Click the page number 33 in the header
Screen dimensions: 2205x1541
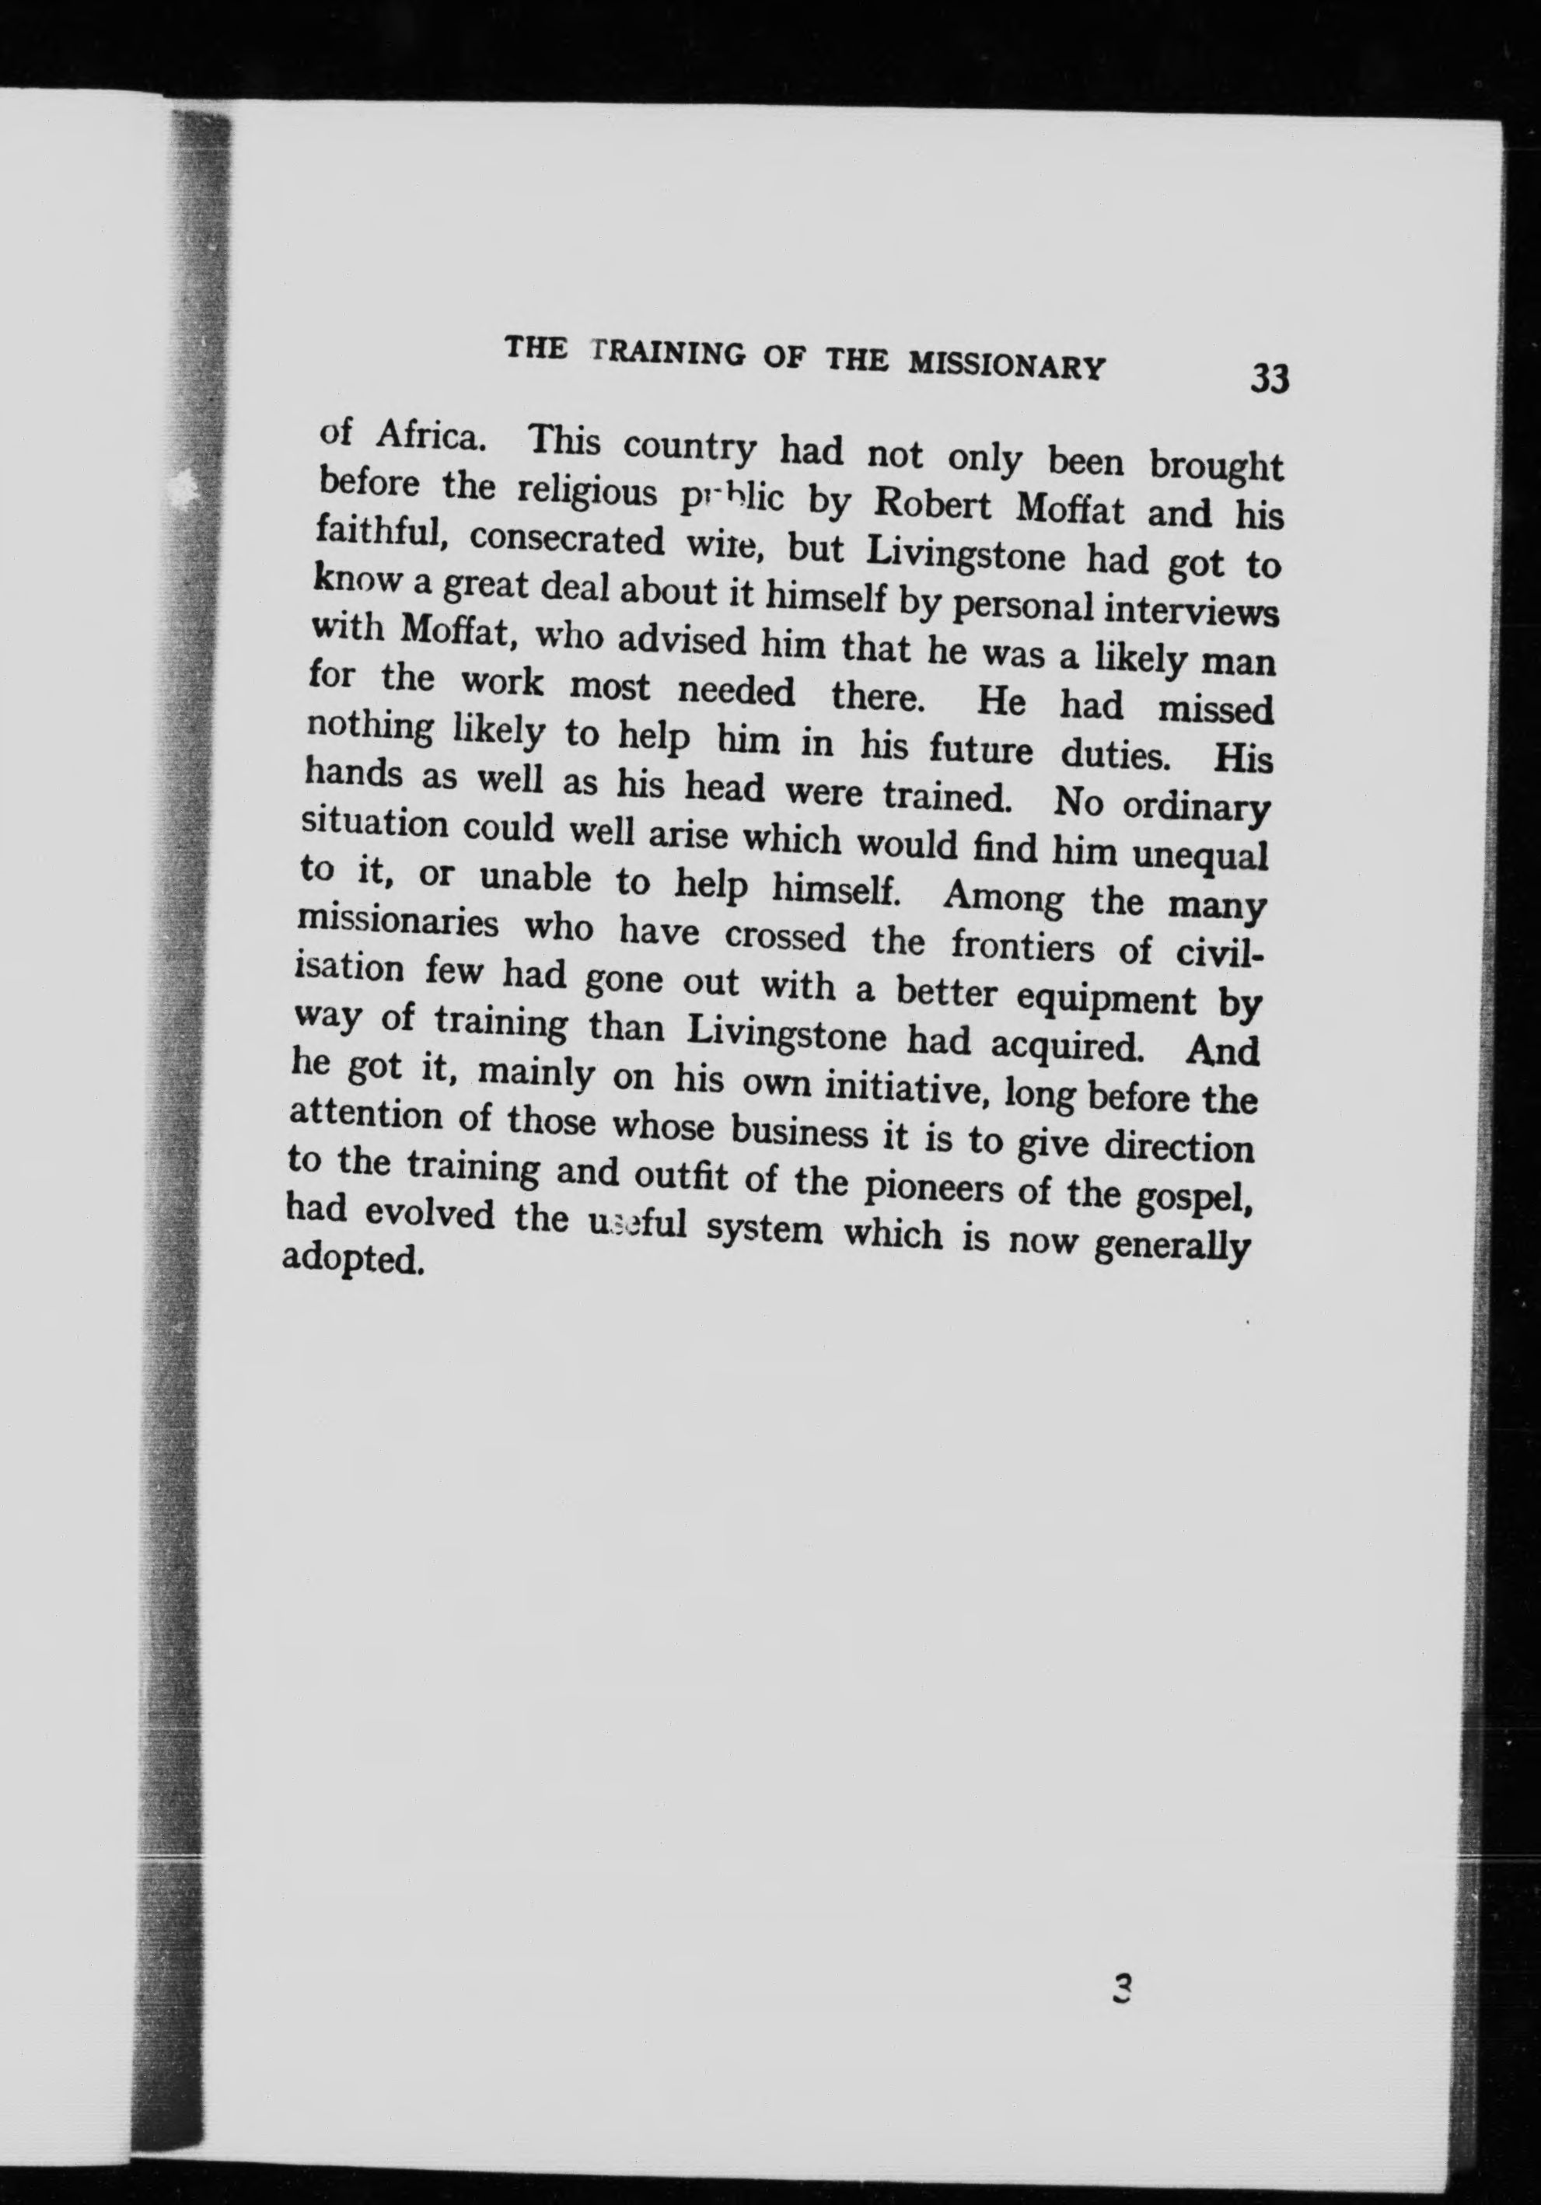pos(1270,379)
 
